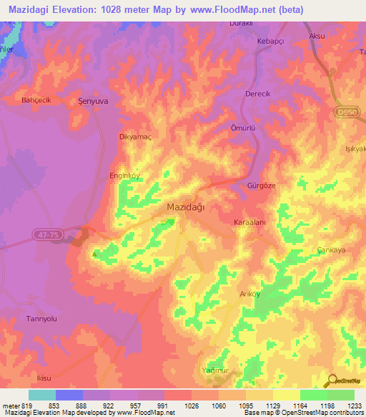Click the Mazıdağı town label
[185, 206]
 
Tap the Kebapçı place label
[271, 42]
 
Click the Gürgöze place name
[261, 185]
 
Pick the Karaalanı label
[249, 223]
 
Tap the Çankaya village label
[331, 250]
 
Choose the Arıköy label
[249, 294]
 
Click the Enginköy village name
[122, 174]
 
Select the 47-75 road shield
[45, 234]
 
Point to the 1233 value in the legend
[355, 406]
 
